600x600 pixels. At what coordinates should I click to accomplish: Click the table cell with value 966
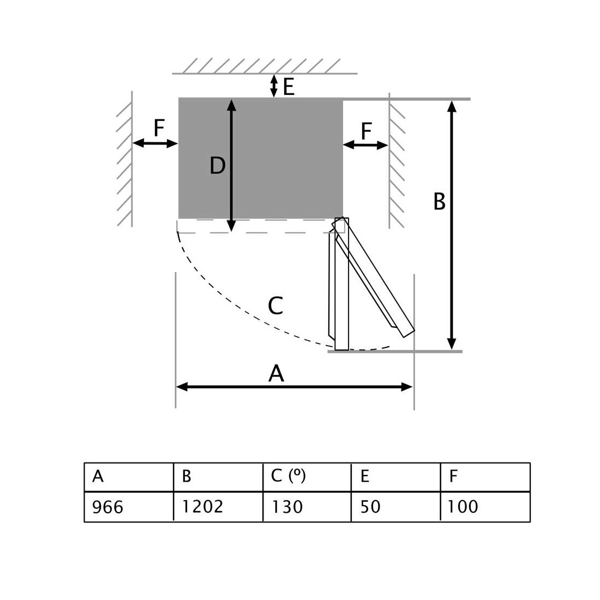coord(129,507)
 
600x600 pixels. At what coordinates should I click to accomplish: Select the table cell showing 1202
coord(218,507)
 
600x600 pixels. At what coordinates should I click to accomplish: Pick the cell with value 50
coord(395,507)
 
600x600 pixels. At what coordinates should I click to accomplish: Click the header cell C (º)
coord(307,477)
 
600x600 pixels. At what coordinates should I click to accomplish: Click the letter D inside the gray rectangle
coord(217,166)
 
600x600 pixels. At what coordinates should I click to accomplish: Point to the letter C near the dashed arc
coord(275,305)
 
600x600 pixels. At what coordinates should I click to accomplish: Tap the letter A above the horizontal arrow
coord(277,373)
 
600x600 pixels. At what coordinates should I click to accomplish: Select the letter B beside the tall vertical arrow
coord(439,201)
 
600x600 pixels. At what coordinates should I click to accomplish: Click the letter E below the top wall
coord(289,87)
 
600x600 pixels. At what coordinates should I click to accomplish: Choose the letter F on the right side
coord(366,131)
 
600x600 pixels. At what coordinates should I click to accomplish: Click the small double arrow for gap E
coord(274,86)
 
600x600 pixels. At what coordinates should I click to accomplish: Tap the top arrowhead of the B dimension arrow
coord(452,106)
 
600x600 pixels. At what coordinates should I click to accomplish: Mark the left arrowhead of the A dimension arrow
coord(182,387)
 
